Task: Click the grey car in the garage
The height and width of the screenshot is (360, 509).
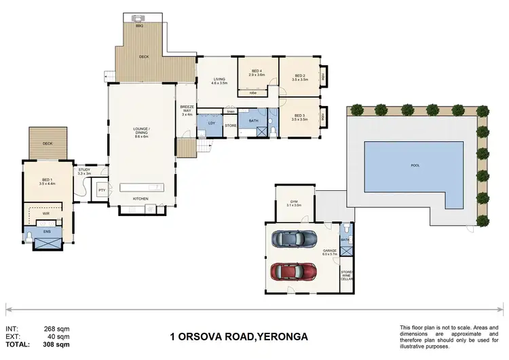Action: pos(293,239)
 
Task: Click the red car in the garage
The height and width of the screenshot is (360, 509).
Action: pos(293,272)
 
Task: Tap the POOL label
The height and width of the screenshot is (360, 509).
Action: pos(415,165)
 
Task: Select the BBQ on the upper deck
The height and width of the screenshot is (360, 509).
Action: pos(139,20)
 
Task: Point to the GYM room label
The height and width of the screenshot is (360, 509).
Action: pos(294,202)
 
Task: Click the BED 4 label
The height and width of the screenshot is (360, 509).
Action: pos(257,71)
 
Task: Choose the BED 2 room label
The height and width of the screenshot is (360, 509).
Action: pos(299,77)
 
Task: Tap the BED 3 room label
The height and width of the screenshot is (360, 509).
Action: pos(299,117)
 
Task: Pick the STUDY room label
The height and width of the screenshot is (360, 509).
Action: pos(84,170)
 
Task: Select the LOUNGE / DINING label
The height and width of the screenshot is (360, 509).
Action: pos(141,130)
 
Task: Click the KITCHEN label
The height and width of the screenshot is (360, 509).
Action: pos(141,198)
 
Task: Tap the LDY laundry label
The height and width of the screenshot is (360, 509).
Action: pos(212,123)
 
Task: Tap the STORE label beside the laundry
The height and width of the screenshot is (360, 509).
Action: pos(230,126)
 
